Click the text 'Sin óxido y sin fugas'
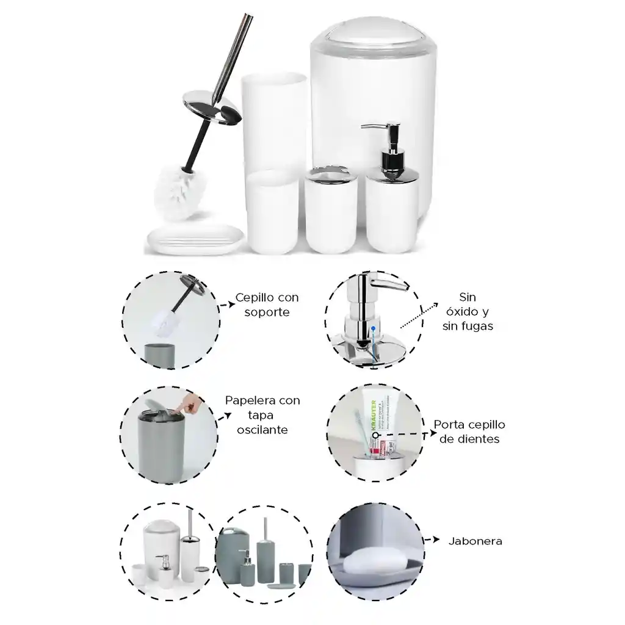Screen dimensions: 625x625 (467, 311)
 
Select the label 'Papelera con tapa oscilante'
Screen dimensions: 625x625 (262, 415)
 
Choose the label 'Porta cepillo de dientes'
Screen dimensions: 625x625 (469, 432)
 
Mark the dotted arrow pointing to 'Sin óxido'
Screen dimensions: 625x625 (422, 318)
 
